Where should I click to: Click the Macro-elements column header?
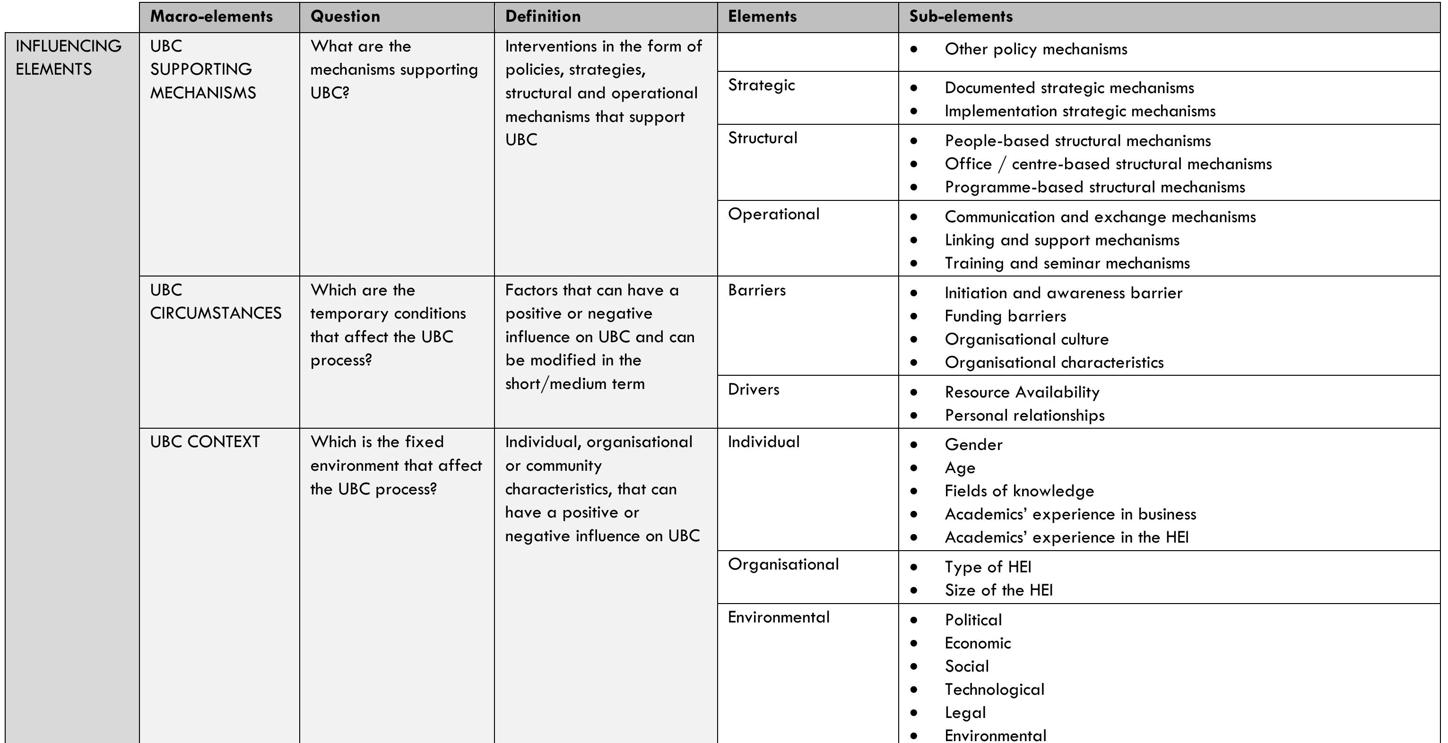pyautogui.click(x=211, y=16)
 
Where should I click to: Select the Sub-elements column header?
pyautogui.click(x=961, y=16)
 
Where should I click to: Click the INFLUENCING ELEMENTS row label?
pyautogui.click(x=68, y=57)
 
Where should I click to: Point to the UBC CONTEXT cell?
pyautogui.click(x=205, y=442)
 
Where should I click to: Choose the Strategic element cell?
pyautogui.click(x=761, y=85)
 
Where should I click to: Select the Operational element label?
pyautogui.click(x=773, y=214)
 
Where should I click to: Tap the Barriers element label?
pyautogui.click(x=756, y=290)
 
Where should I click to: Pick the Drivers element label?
pyautogui.click(x=753, y=389)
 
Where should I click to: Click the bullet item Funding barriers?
pyautogui.click(x=1005, y=316)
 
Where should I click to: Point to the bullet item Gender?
pyautogui.click(x=973, y=445)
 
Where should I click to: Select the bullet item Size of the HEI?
pyautogui.click(x=998, y=590)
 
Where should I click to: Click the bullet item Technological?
pyautogui.click(x=994, y=690)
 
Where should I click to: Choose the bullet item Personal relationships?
pyautogui.click(x=1024, y=415)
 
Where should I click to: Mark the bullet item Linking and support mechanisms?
pyautogui.click(x=1062, y=240)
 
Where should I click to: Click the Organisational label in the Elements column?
pyautogui.click(x=783, y=564)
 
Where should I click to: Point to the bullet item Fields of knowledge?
pyautogui.click(x=1019, y=491)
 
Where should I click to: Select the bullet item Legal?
pyautogui.click(x=965, y=713)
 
